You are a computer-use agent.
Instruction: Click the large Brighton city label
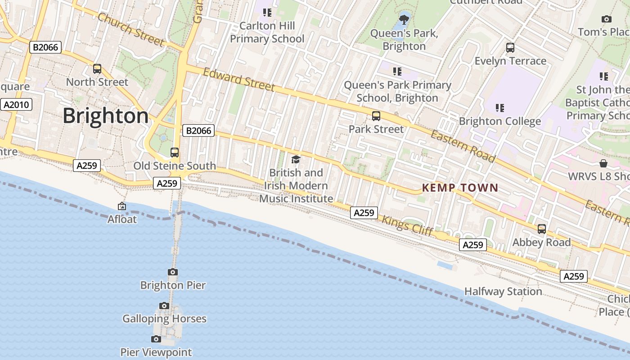105,116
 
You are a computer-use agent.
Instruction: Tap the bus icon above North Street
97,69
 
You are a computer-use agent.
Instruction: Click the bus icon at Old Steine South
175,153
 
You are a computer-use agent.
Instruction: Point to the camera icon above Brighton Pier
173,272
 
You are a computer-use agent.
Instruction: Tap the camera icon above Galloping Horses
164,306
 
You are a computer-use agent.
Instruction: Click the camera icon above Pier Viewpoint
156,339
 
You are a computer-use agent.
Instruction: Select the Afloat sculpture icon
121,206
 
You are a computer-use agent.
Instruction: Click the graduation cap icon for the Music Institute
296,159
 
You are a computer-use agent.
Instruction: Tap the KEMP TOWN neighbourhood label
460,188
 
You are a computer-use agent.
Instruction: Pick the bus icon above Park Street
376,116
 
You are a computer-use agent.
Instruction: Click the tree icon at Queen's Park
404,19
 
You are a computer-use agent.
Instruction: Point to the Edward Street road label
238,80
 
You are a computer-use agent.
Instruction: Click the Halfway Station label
503,292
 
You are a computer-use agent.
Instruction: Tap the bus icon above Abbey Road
542,229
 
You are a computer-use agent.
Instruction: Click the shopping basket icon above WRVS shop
603,163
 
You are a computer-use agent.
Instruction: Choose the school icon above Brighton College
499,108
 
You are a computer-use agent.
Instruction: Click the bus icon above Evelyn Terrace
510,48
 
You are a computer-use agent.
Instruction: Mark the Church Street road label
130,30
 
